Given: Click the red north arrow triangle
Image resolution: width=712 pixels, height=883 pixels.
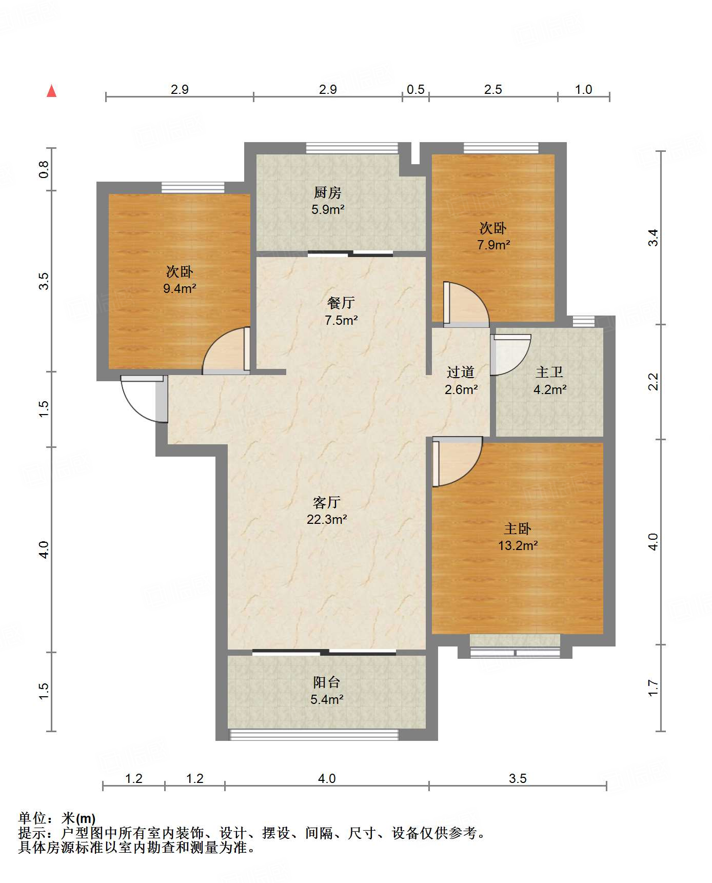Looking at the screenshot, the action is pyautogui.click(x=51, y=91).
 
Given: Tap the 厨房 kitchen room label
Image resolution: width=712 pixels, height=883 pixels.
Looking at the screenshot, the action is pyautogui.click(x=327, y=192).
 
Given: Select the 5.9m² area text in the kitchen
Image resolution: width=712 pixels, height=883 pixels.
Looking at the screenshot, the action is pyautogui.click(x=328, y=209).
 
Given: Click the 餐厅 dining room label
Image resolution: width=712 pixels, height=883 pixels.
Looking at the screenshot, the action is pyautogui.click(x=341, y=303).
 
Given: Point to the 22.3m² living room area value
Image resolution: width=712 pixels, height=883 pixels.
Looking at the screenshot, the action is pyautogui.click(x=327, y=519).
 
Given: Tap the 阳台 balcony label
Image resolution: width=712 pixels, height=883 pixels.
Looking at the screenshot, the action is pyautogui.click(x=327, y=682).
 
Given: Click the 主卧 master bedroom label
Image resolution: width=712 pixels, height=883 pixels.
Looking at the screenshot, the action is pyautogui.click(x=518, y=528).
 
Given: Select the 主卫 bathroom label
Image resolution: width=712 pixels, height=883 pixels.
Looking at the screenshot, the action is pyautogui.click(x=549, y=372).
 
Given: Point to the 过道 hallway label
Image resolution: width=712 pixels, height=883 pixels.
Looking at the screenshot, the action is pyautogui.click(x=461, y=372).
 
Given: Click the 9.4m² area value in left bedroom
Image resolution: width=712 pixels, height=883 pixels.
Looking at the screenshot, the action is pyautogui.click(x=180, y=288).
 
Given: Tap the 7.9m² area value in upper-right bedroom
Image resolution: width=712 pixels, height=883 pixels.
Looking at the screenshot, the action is pyautogui.click(x=493, y=245).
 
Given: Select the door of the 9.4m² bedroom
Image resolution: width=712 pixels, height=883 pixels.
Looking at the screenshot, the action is pyautogui.click(x=226, y=350).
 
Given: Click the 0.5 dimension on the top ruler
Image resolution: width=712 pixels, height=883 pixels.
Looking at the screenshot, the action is pyautogui.click(x=416, y=90).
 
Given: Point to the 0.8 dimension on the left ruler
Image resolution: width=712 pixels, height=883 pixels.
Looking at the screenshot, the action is pyautogui.click(x=44, y=169).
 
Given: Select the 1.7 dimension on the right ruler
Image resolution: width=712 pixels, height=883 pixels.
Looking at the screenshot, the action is pyautogui.click(x=652, y=688).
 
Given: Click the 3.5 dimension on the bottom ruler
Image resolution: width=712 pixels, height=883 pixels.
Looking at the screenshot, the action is pyautogui.click(x=518, y=778).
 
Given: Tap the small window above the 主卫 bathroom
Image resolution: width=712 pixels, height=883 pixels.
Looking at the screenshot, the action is pyautogui.click(x=583, y=322).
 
